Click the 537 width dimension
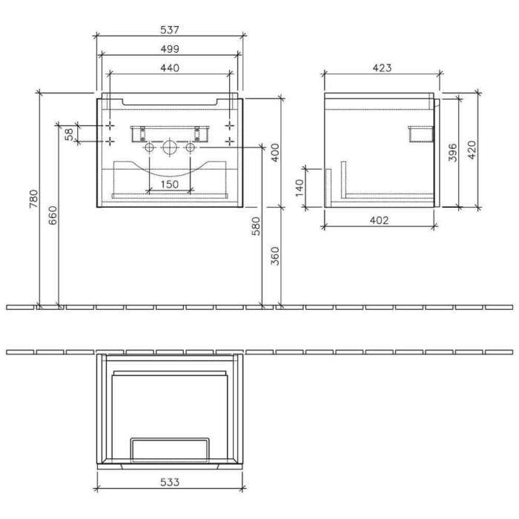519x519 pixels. [x=170, y=30]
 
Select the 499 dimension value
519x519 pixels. [x=170, y=49]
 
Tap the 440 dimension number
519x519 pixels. [x=170, y=67]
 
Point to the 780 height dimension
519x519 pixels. [x=33, y=199]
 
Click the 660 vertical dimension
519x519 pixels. [x=52, y=214]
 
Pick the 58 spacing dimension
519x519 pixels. [x=70, y=133]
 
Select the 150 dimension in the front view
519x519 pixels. [x=170, y=184]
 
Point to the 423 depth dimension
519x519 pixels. [x=381, y=67]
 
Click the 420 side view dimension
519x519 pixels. [x=472, y=149]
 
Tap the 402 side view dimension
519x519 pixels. [x=379, y=220]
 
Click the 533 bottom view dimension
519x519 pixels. [x=170, y=483]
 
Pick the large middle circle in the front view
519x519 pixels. [x=170, y=148]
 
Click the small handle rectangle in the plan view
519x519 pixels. [x=170, y=449]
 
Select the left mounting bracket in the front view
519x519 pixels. [x=137, y=133]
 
